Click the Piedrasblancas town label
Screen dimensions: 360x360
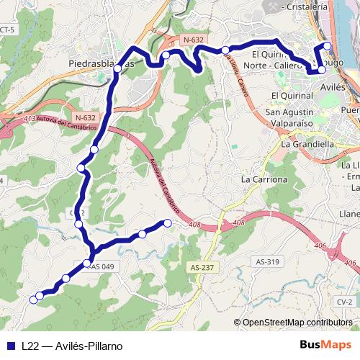(x=102, y=63)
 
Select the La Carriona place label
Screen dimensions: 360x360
(x=264, y=179)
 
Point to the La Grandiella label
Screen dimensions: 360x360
(x=308, y=143)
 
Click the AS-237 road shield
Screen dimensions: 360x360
(x=204, y=267)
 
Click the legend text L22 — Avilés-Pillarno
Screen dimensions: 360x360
(x=71, y=345)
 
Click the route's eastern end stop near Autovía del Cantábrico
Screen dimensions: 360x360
(x=168, y=223)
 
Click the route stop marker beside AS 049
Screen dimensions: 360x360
(x=88, y=264)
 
